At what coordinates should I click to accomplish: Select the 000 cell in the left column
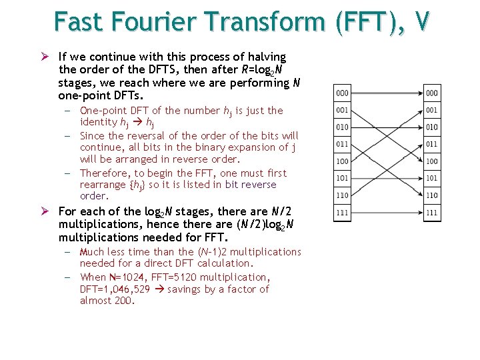pos(342,93)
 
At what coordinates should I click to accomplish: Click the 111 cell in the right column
pos(432,213)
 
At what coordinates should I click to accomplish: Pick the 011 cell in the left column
pos(342,144)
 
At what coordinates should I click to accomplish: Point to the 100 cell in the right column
pos(432,161)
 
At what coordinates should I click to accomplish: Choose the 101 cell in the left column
pos(342,179)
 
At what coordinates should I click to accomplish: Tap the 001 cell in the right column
pos(432,110)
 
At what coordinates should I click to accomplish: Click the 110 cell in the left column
pos(342,195)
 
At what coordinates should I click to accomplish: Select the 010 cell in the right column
pos(432,127)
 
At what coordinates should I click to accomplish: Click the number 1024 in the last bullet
pos(125,277)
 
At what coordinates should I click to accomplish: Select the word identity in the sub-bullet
pos(98,122)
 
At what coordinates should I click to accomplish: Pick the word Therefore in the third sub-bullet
pos(104,172)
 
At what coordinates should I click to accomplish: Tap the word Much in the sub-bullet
pos(92,251)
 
